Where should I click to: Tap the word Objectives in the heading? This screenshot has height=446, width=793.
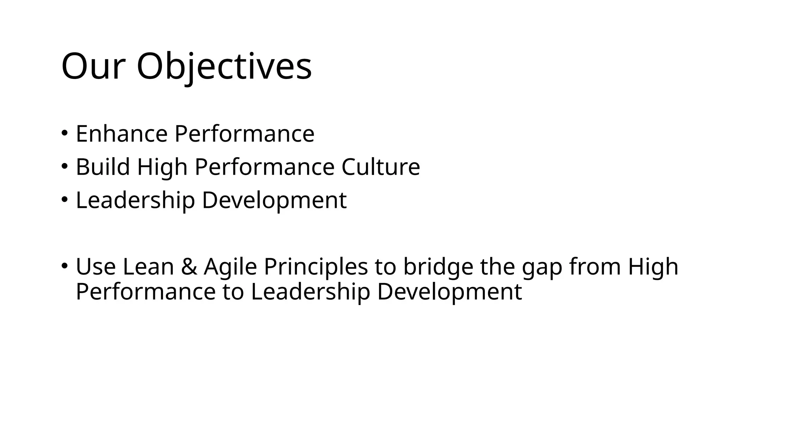[x=224, y=67]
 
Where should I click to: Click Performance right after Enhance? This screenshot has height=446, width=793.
[x=244, y=134]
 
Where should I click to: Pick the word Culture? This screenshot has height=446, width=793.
[x=381, y=167]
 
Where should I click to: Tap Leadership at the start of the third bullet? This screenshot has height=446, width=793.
[x=135, y=201]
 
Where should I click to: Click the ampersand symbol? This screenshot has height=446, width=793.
[x=189, y=267]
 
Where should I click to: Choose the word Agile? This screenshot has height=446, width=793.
[x=230, y=267]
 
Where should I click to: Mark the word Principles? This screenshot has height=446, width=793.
[x=316, y=267]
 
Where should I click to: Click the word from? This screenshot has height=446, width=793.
[x=595, y=267]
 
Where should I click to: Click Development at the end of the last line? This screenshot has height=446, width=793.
[x=449, y=292]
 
